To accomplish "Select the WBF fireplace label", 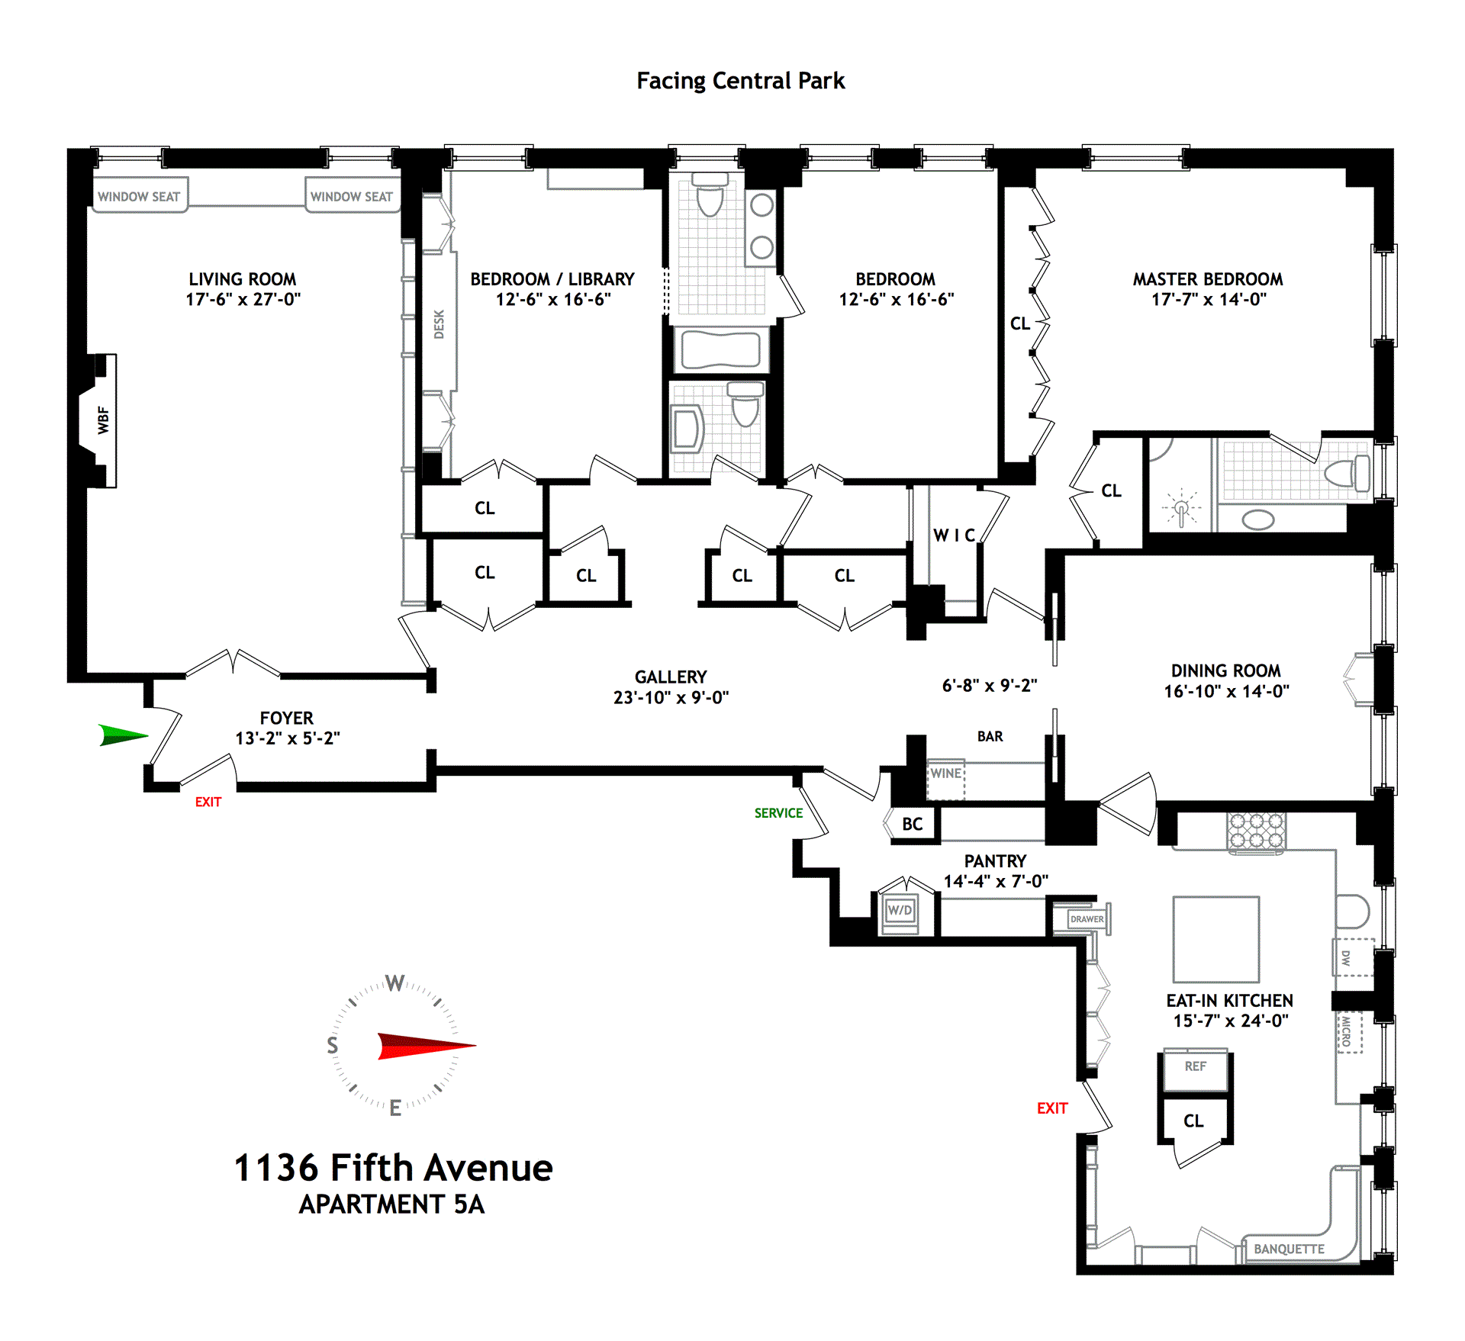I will pos(103,420).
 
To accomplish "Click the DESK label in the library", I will pos(439,324).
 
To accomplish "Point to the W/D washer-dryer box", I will pos(900,911).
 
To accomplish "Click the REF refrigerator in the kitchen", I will pos(1195,1066).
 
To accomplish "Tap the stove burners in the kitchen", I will pos(1256,831).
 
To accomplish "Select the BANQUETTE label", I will pos(1289,1249).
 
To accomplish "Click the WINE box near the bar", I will pos(946,773).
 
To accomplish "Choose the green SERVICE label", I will pos(778,813).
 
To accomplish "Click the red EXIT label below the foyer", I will pos(208,802).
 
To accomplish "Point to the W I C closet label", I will pos(954,535).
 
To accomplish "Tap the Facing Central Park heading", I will pos(740,81).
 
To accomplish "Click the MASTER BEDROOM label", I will pos(1207,279).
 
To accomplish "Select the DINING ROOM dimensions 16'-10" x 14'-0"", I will pos(1226,691).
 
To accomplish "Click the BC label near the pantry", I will pos(913,824).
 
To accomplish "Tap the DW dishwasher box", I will pos(1347,958).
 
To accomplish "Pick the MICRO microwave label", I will pos(1347,1031).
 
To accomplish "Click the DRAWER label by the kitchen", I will pos(1087,919).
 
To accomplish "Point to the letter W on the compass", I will pos(394,982).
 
